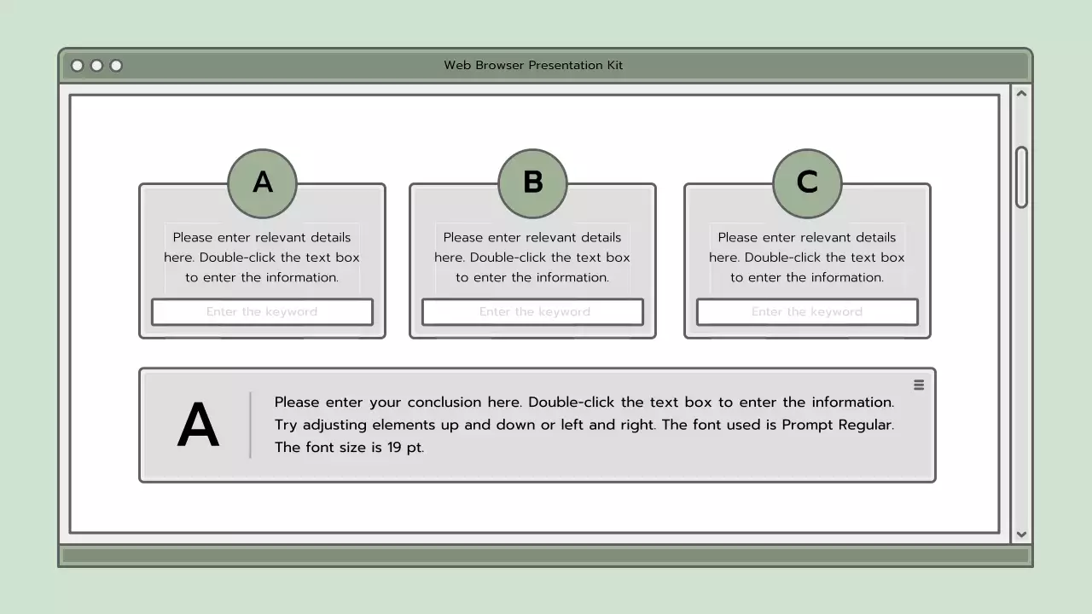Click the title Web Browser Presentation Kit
point(533,66)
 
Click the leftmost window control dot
point(78,66)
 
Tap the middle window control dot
point(96,66)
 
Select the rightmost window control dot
point(116,66)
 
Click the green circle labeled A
point(262,183)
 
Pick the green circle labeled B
point(532,183)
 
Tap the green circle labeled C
point(807,183)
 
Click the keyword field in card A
point(262,312)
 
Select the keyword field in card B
point(532,312)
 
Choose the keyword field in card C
point(807,312)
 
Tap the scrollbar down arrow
point(1021,535)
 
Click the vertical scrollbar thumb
point(1021,177)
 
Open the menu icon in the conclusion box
point(919,385)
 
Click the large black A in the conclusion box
point(198,426)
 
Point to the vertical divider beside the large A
point(250,425)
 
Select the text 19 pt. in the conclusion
point(405,448)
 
